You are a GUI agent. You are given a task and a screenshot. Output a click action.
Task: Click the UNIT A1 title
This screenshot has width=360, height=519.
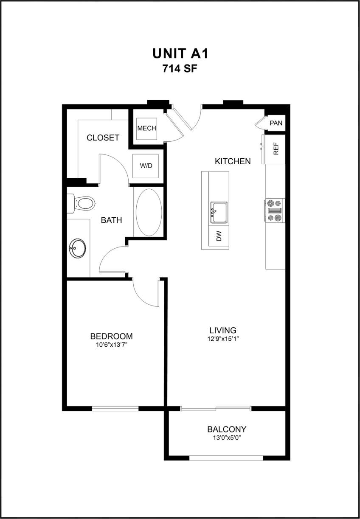coord(180,54)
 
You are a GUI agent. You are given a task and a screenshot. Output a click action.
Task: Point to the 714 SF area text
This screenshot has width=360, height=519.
coord(180,69)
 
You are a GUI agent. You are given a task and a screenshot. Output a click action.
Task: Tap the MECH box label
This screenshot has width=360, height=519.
coord(146,128)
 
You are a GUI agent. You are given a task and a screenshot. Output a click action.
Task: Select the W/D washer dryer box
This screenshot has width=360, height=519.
coord(146,166)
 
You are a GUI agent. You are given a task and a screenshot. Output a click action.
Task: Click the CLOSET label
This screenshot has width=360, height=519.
coord(103,138)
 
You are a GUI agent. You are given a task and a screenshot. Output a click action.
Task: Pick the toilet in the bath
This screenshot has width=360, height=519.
coord(83,203)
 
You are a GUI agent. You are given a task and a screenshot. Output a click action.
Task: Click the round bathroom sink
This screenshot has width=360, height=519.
coord(78,247)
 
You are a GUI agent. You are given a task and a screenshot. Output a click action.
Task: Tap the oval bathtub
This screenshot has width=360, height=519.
coord(148,212)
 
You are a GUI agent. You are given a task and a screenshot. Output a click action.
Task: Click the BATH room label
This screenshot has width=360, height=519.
coord(111,220)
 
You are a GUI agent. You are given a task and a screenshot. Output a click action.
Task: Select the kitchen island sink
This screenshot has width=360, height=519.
coord(218,211)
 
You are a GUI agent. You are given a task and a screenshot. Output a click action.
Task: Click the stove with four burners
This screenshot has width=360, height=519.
coord(275,210)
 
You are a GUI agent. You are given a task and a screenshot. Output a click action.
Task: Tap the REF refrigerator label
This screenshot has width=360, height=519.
coord(276,149)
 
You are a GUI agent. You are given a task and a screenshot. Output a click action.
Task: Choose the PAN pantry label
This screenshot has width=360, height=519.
coord(276,123)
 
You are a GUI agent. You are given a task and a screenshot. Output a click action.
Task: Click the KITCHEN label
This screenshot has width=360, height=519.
coord(233,161)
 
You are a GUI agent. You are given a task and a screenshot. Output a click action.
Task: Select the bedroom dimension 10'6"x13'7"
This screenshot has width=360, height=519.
coord(111,345)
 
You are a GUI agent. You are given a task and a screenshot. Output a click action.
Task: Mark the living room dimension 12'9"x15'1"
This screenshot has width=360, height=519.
coord(223,339)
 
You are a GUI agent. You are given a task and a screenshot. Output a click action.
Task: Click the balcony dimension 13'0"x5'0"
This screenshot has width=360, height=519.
coord(227,438)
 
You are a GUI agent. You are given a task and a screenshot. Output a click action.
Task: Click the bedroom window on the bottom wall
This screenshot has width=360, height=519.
coord(115,409)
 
